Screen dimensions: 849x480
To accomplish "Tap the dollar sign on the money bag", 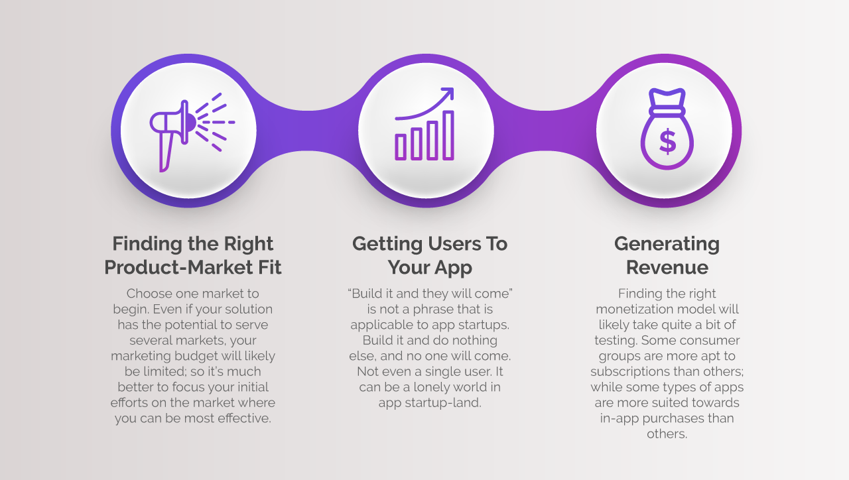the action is pyautogui.click(x=667, y=142).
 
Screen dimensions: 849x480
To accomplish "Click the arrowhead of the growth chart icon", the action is pyautogui.click(x=447, y=94).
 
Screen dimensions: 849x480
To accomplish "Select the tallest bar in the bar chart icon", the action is pyautogui.click(x=448, y=135).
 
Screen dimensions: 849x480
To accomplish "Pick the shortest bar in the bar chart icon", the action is pyautogui.click(x=401, y=147).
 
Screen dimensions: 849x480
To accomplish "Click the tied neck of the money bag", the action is pyautogui.click(x=667, y=111).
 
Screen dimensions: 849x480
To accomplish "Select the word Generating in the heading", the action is pyautogui.click(x=667, y=245).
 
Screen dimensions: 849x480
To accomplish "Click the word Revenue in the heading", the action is pyautogui.click(x=667, y=267).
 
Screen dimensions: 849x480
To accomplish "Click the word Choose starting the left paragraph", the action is pyautogui.click(x=148, y=294).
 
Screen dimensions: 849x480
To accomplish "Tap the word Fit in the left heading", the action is pyautogui.click(x=269, y=267).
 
